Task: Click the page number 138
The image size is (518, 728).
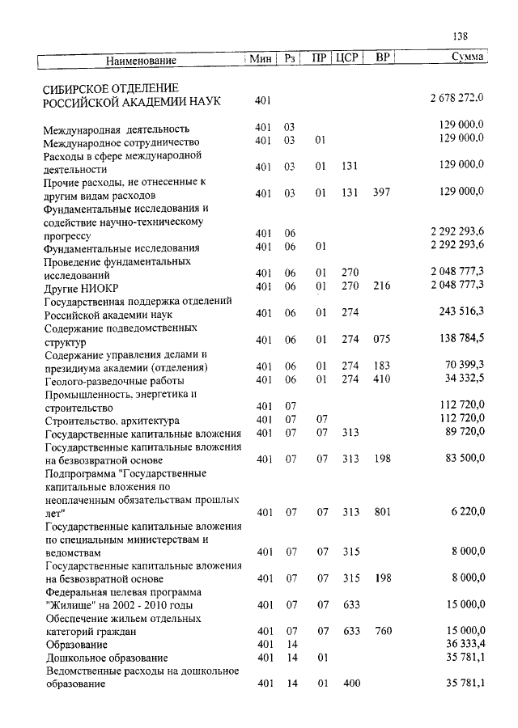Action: pyautogui.click(x=461, y=36)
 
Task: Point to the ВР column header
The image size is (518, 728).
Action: pyautogui.click(x=384, y=58)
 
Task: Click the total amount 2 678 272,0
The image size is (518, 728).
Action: pyautogui.click(x=456, y=99)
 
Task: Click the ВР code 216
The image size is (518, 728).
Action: pyautogui.click(x=382, y=286)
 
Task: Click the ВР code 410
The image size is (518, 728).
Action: pyautogui.click(x=382, y=379)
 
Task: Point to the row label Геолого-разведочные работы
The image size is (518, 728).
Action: pyautogui.click(x=114, y=380)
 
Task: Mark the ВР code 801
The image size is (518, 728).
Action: pyautogui.click(x=382, y=512)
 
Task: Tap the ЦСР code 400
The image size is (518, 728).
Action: pyautogui.click(x=350, y=684)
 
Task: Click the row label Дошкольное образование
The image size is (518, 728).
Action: pyautogui.click(x=107, y=658)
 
